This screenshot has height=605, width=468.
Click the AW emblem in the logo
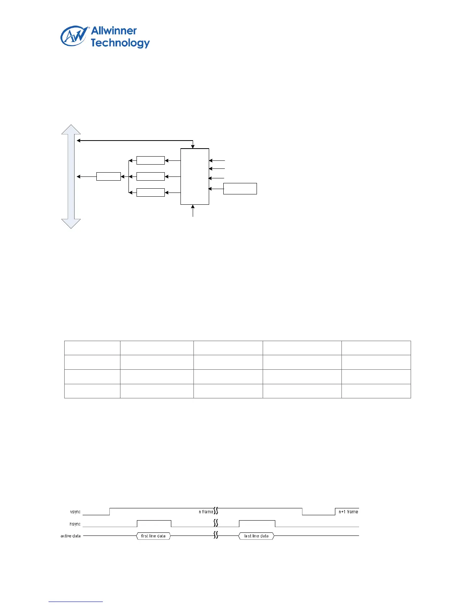(73, 37)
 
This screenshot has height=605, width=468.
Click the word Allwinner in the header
(114, 31)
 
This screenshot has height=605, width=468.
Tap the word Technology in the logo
(120, 43)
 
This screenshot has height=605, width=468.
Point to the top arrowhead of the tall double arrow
(71, 129)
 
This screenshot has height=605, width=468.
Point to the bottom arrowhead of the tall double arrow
(71, 223)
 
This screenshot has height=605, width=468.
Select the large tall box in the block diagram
(195, 176)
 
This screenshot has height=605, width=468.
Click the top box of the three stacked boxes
(150, 160)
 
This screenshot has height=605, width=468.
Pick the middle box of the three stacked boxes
(150, 176)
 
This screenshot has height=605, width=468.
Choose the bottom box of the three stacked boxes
(150, 192)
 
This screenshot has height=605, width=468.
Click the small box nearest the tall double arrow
(109, 176)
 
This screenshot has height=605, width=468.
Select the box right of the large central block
(240, 189)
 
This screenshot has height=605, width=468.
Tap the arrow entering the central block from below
(193, 211)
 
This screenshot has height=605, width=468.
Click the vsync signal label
(75, 512)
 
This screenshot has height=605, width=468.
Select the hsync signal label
(75, 524)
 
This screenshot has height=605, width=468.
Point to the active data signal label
(71, 536)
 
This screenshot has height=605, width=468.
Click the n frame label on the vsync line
(206, 512)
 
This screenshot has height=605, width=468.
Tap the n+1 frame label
(348, 512)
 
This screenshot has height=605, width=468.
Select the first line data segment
(153, 536)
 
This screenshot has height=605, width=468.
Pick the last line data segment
(257, 536)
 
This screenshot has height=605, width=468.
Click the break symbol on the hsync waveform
(216, 522)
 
